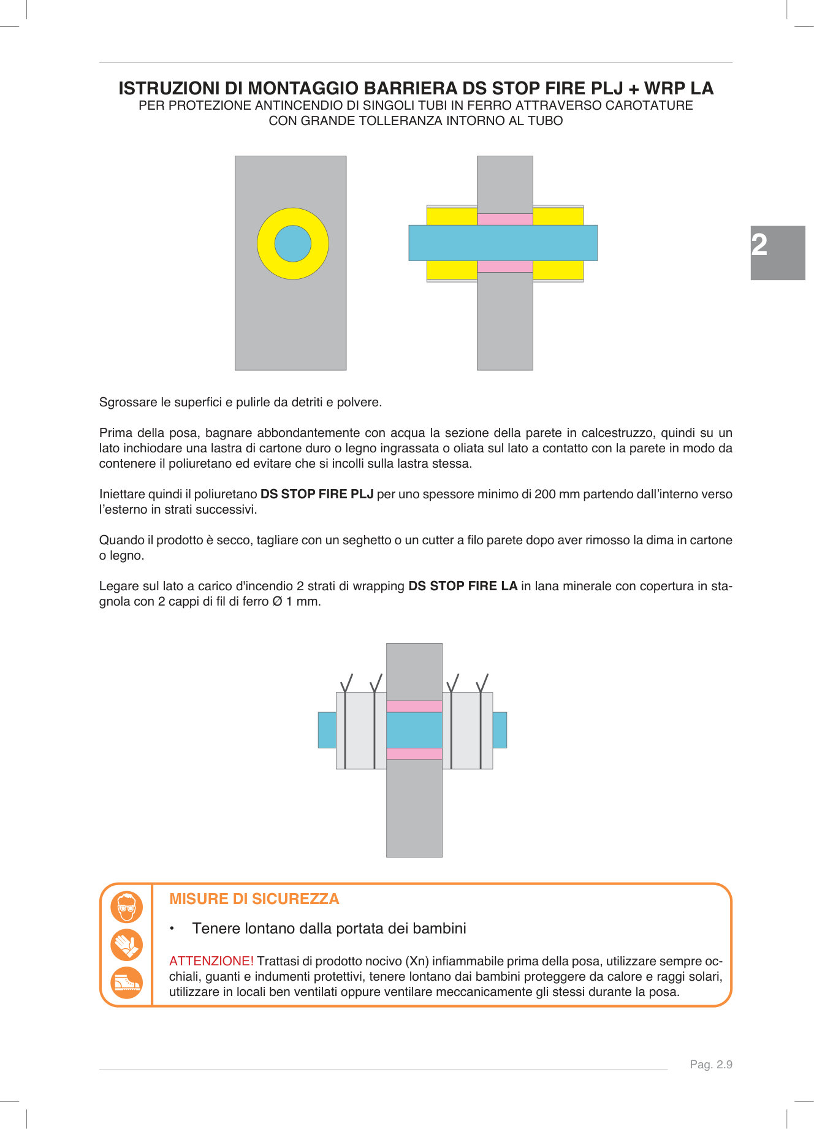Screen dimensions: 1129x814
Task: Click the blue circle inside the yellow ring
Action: [292, 244]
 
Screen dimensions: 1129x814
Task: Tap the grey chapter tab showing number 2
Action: [777, 253]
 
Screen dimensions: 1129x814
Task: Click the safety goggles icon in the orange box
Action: [127, 907]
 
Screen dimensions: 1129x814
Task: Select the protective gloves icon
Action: [127, 945]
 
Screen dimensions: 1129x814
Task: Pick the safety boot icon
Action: [127, 983]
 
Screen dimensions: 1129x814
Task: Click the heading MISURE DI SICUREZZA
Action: [254, 899]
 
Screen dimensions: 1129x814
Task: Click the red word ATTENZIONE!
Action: [211, 961]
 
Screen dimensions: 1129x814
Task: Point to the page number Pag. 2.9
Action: [710, 1065]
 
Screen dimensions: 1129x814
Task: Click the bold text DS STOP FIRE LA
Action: [463, 586]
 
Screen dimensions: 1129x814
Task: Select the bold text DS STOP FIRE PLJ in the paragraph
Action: [317, 494]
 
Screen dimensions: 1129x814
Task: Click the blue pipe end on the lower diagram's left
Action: [327, 730]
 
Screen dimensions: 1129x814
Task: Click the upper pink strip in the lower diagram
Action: [414, 706]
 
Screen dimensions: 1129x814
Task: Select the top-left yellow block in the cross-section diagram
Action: [452, 216]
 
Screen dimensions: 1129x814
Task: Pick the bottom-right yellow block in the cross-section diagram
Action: [558, 270]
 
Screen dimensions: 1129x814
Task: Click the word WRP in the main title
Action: [664, 88]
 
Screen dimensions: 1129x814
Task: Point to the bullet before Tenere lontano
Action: [173, 929]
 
